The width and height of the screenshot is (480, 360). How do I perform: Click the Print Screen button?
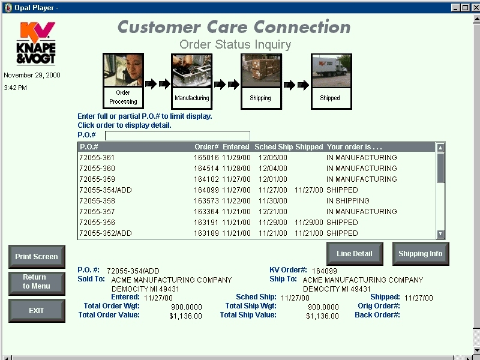coord(37,257)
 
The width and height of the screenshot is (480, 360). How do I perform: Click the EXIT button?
coord(37,310)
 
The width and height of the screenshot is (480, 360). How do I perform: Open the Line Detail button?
coord(355,253)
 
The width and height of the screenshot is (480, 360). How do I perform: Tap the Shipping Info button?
coord(421,253)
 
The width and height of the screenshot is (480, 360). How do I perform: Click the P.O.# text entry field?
coord(178,136)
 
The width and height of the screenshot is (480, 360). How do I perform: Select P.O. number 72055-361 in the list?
coord(97,158)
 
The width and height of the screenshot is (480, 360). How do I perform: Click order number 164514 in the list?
coord(206,169)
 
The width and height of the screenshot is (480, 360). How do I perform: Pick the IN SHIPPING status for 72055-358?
coord(348,201)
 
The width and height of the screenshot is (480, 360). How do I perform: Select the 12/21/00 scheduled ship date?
coord(273,212)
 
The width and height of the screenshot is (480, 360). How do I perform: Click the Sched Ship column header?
coord(274,147)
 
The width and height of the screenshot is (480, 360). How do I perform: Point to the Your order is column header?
coord(354,147)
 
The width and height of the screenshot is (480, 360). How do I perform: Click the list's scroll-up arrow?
coord(440,148)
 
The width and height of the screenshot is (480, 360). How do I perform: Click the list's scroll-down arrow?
coord(440,234)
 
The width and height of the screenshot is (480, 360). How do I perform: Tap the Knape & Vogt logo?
coord(36,43)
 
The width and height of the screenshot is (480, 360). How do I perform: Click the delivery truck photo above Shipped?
coord(332,71)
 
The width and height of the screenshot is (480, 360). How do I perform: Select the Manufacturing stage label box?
coord(192,98)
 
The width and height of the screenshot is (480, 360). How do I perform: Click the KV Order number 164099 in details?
coord(325,271)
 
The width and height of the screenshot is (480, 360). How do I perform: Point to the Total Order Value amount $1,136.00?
coord(185,316)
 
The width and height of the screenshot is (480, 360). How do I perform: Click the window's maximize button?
coord(465,8)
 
